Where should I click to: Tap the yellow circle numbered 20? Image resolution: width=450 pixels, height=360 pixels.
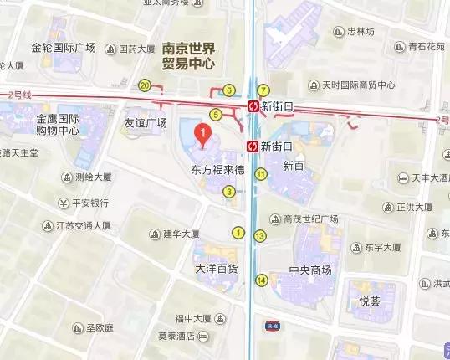tap(145, 85)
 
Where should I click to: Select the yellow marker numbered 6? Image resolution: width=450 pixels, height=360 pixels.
tap(229, 90)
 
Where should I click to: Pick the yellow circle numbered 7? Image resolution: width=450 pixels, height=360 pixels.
tap(263, 90)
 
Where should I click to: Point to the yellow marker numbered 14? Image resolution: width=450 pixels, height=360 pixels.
tap(263, 280)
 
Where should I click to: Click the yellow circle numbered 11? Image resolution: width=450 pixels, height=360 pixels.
tap(261, 174)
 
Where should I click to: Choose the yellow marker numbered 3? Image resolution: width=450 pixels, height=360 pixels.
tap(228, 192)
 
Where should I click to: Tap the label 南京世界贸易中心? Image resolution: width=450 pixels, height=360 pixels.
tap(189, 55)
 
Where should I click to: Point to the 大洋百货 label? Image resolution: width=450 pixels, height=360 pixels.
tap(217, 269)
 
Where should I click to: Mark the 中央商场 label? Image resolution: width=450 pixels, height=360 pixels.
tap(310, 270)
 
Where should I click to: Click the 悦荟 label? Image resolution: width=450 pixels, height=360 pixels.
tap(370, 299)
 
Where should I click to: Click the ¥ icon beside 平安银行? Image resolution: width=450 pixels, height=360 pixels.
tap(64, 203)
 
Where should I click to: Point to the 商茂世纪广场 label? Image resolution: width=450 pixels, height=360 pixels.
tap(310, 219)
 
